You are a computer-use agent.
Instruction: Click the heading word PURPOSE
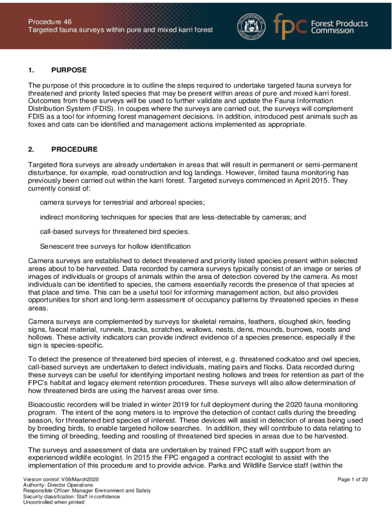click(69, 70)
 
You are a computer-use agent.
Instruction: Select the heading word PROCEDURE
click(74, 150)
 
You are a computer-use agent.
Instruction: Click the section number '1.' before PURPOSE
click(32, 70)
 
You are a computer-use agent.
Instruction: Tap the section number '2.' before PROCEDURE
click(32, 150)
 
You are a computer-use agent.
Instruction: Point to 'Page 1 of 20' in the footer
click(352, 479)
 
